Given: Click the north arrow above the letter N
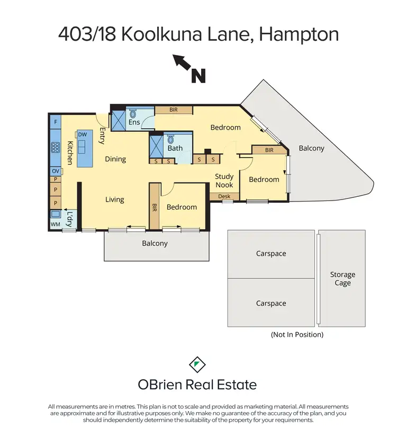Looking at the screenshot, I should click(x=183, y=63).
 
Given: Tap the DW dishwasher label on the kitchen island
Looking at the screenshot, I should click(x=82, y=135).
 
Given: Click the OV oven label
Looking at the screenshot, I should click(x=55, y=171).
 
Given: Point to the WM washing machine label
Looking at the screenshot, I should click(x=55, y=224).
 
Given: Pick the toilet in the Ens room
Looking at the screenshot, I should click(x=133, y=114).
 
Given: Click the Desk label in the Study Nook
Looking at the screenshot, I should click(x=224, y=196).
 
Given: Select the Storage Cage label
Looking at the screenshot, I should click(x=342, y=279).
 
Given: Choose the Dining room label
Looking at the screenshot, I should click(x=115, y=159).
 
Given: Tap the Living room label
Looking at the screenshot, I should click(x=114, y=199).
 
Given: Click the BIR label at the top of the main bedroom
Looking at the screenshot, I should click(x=174, y=110).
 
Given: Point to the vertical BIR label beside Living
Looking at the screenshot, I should click(x=155, y=207).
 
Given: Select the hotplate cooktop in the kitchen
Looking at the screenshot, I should click(x=55, y=148).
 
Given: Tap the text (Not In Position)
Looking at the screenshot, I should click(x=297, y=334).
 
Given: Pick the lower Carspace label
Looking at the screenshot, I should click(x=271, y=304).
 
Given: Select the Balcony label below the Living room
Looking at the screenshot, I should click(x=155, y=243).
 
